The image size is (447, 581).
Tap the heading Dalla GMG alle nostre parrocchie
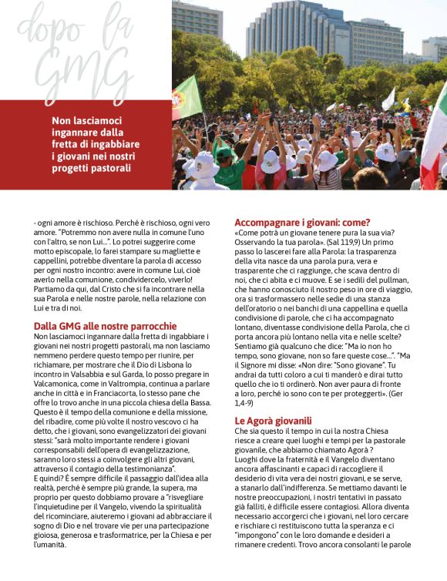pyautogui.click(x=105, y=326)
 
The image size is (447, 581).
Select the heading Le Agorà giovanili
pyautogui.click(x=273, y=421)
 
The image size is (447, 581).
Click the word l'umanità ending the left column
pyautogui.click(x=52, y=544)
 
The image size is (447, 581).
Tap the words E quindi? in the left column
pyautogui.click(x=51, y=478)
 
